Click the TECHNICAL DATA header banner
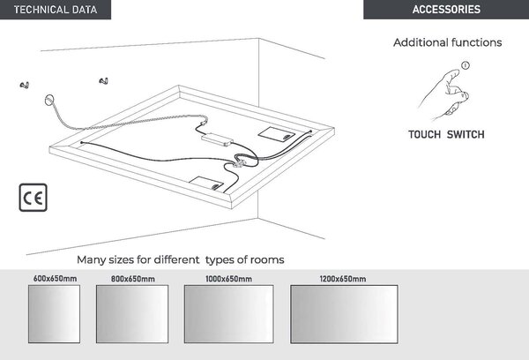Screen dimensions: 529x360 click(x=56, y=10)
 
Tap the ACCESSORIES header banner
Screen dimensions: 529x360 click(x=446, y=10)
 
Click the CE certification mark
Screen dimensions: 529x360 click(x=34, y=198)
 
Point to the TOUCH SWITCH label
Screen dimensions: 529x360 click(x=446, y=134)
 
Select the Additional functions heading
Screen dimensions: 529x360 click(x=447, y=42)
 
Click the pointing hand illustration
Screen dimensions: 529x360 click(x=443, y=94)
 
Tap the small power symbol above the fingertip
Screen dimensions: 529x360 click(x=466, y=65)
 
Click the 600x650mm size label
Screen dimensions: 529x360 click(x=55, y=279)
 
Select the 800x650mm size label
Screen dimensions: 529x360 click(x=133, y=279)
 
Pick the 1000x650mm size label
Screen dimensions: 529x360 click(x=228, y=279)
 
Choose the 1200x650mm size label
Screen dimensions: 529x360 click(x=343, y=279)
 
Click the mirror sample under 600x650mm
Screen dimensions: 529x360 click(x=54, y=314)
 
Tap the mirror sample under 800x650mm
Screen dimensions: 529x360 click(x=132, y=314)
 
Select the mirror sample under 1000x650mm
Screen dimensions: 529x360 click(x=228, y=314)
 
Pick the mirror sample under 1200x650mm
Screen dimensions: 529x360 click(x=344, y=314)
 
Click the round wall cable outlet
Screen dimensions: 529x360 click(x=49, y=100)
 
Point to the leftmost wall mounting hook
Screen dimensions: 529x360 click(x=25, y=85)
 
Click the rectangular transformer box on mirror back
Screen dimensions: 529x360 click(x=217, y=139)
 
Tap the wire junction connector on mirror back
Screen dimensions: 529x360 click(x=240, y=163)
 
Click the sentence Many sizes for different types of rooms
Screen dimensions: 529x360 click(x=181, y=259)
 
